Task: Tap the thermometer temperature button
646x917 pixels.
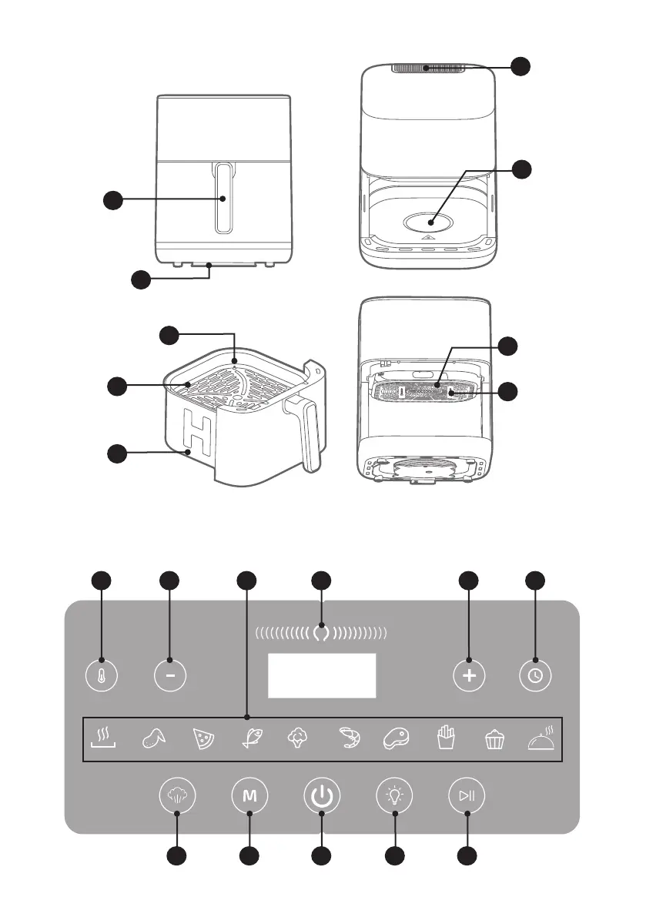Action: point(102,675)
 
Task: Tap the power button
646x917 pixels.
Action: point(322,796)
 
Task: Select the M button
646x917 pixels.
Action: point(249,796)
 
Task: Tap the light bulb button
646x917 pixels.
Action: point(394,796)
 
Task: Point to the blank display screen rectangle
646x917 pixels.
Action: point(322,676)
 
